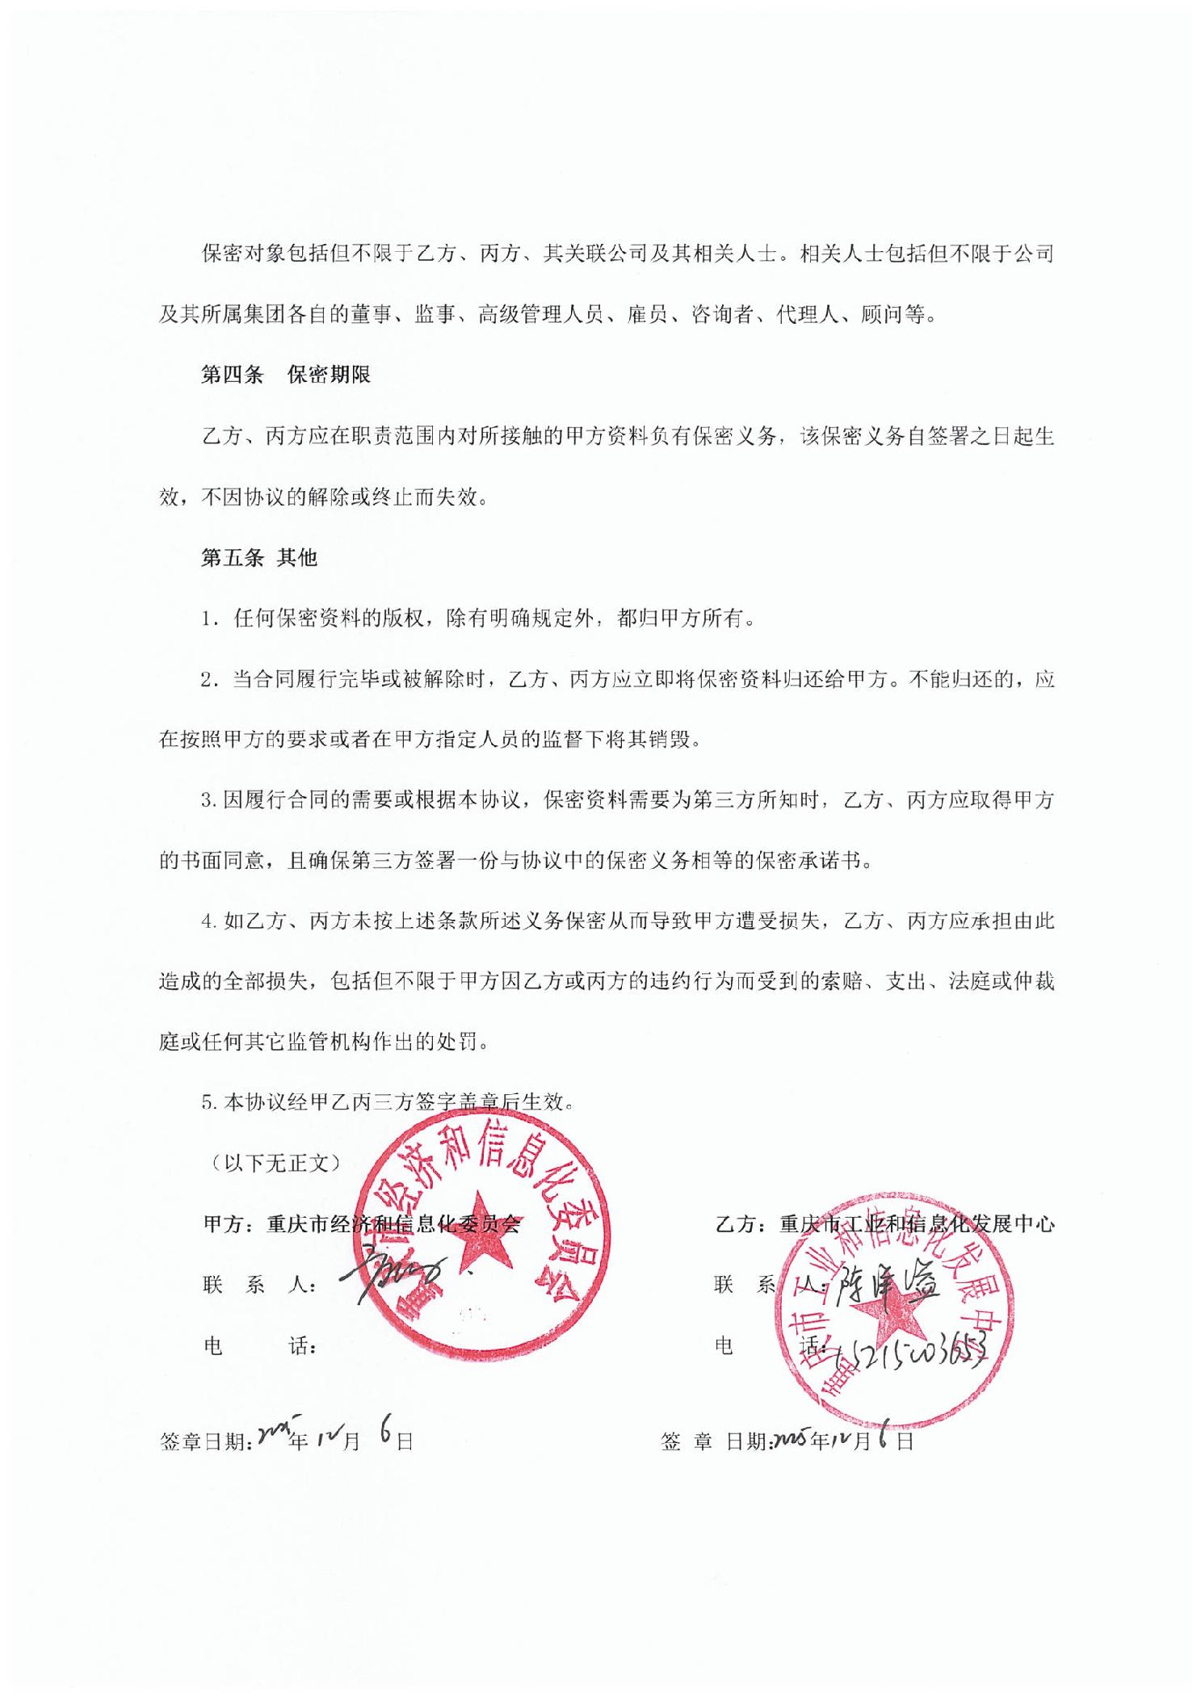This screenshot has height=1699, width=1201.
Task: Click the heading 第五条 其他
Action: (258, 558)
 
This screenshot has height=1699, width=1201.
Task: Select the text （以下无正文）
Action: (275, 1163)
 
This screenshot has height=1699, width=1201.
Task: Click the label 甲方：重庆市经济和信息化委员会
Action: (361, 1224)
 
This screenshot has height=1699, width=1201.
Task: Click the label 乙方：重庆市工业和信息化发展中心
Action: (885, 1224)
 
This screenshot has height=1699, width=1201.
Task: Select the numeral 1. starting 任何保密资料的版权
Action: (208, 619)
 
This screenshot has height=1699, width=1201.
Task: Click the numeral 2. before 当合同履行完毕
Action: (208, 680)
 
